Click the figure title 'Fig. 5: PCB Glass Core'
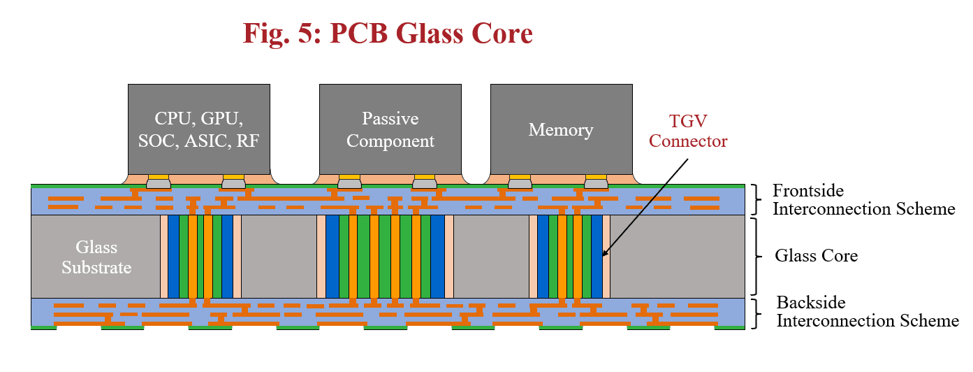(388, 34)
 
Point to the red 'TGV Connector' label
(688, 131)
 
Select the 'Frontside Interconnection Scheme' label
(863, 200)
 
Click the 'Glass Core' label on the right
(816, 256)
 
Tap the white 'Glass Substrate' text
(96, 257)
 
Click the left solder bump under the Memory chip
(519, 184)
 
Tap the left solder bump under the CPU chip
(159, 184)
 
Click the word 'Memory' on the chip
(561, 130)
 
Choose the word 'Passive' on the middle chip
(390, 118)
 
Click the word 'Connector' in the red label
(688, 141)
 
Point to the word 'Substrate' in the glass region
(96, 267)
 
